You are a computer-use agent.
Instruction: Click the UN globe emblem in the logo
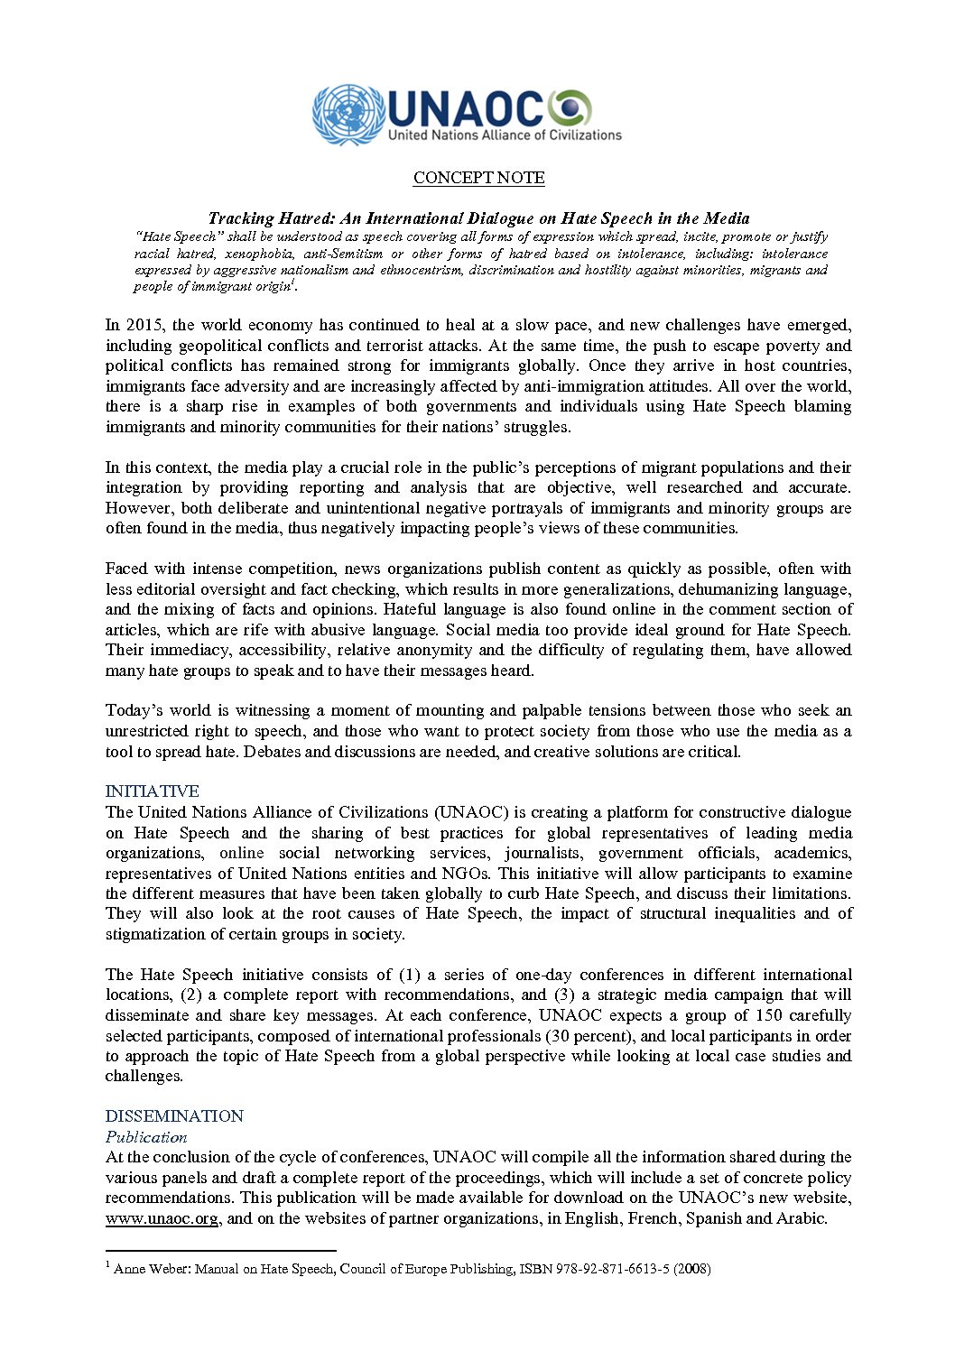coord(348,115)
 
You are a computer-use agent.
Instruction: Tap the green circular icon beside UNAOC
coord(570,109)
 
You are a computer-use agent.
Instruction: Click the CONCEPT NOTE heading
coord(478,178)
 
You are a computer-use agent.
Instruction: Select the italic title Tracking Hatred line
coord(478,218)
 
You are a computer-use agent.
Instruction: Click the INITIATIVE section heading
coord(152,791)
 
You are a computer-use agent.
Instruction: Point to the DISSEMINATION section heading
coord(174,1116)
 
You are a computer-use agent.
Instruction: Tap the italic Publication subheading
coord(146,1137)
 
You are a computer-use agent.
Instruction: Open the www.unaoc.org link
coord(162,1218)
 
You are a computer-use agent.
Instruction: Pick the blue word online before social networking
coord(242,853)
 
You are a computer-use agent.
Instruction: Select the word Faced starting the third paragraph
coord(126,569)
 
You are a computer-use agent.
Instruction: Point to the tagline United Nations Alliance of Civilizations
coord(505,135)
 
